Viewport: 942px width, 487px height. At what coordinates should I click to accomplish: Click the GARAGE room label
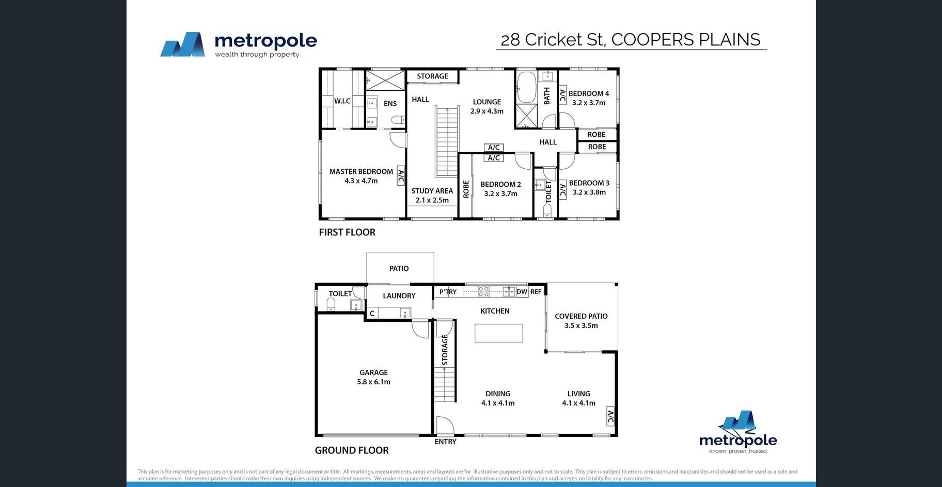coord(373,372)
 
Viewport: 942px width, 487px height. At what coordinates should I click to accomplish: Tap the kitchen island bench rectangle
coord(499,333)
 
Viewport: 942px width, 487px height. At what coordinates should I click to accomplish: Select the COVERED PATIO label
coord(581,316)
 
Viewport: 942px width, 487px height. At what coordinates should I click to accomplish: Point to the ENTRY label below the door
coord(446,442)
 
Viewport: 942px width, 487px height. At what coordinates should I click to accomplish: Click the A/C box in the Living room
coord(610,417)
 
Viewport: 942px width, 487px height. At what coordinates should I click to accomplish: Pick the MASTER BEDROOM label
coord(361,172)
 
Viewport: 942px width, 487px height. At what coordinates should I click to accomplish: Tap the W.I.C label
coord(342,101)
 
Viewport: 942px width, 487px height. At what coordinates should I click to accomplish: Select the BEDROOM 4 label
coord(589,93)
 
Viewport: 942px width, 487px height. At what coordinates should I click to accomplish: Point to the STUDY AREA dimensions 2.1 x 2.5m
coord(432,200)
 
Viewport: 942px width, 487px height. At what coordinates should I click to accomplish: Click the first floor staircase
coord(447,142)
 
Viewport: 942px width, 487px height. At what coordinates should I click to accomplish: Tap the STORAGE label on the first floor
coord(433,76)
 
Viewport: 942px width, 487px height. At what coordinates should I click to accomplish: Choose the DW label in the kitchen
coord(522,291)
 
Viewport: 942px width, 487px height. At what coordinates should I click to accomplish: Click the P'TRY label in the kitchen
coord(448,292)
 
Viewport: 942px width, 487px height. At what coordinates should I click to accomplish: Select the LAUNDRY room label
coord(399,296)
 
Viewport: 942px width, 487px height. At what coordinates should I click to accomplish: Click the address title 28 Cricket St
coord(553,40)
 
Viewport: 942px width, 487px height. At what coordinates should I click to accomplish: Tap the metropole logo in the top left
coord(239,44)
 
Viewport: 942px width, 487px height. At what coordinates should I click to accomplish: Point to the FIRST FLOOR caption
coord(347,232)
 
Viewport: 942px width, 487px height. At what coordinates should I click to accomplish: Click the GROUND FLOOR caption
coord(352,450)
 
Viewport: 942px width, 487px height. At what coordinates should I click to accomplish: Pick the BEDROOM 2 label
coord(500,185)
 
